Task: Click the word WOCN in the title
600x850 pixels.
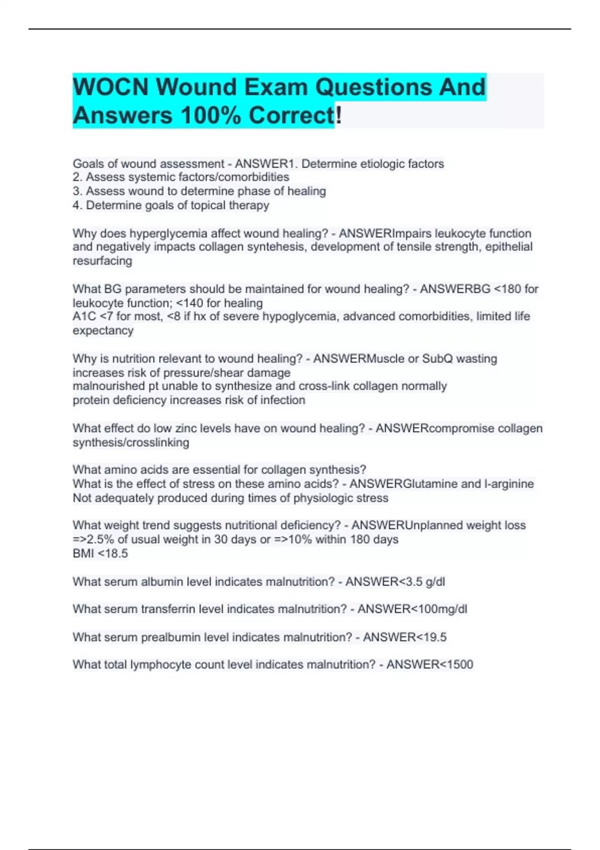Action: click(110, 87)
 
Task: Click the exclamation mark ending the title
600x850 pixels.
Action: click(338, 115)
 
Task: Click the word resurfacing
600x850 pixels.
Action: click(102, 261)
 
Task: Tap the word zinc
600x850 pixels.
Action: click(182, 428)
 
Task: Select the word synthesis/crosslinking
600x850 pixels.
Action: click(131, 442)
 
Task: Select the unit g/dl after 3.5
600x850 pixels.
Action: click(435, 582)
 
